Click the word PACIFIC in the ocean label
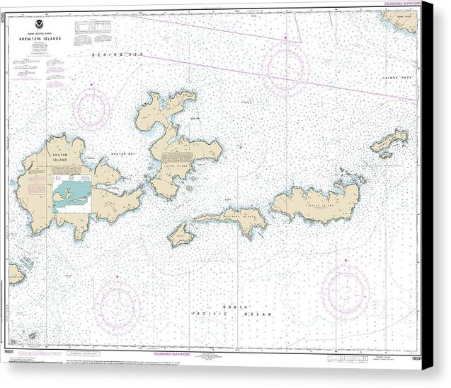point(205,314)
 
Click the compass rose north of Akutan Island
point(91,110)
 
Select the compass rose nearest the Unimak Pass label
point(285,68)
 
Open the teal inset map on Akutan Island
point(72,194)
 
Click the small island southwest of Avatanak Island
point(180,235)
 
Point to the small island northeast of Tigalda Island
point(389,141)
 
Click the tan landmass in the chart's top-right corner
point(402,20)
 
